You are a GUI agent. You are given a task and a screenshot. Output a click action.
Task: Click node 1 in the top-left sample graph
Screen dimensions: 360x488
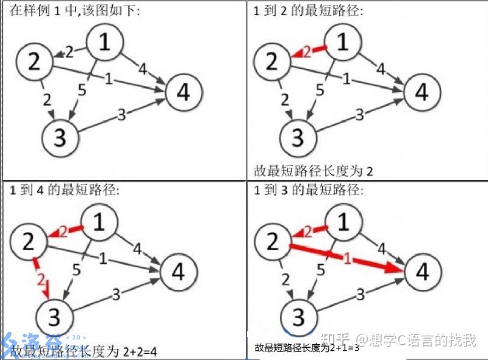(x=105, y=42)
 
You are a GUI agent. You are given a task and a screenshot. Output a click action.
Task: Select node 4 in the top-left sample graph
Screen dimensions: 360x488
(x=183, y=93)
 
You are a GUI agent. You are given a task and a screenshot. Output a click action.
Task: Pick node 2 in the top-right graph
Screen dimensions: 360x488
(x=271, y=62)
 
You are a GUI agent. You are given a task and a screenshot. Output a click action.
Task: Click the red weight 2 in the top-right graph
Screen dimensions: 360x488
(x=307, y=52)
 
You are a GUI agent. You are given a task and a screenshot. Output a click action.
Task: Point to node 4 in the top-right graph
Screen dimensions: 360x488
(x=422, y=93)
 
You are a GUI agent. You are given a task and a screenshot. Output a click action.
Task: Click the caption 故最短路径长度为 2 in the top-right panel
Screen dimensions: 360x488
(x=312, y=171)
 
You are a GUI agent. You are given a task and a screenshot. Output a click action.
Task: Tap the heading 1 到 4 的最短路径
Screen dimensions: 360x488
(x=65, y=190)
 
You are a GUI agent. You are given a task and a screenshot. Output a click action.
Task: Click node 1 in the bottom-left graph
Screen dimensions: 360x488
(x=99, y=222)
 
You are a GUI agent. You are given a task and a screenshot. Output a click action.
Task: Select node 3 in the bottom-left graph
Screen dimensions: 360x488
(x=54, y=317)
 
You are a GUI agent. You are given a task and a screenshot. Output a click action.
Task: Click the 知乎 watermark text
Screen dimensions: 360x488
(x=340, y=339)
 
